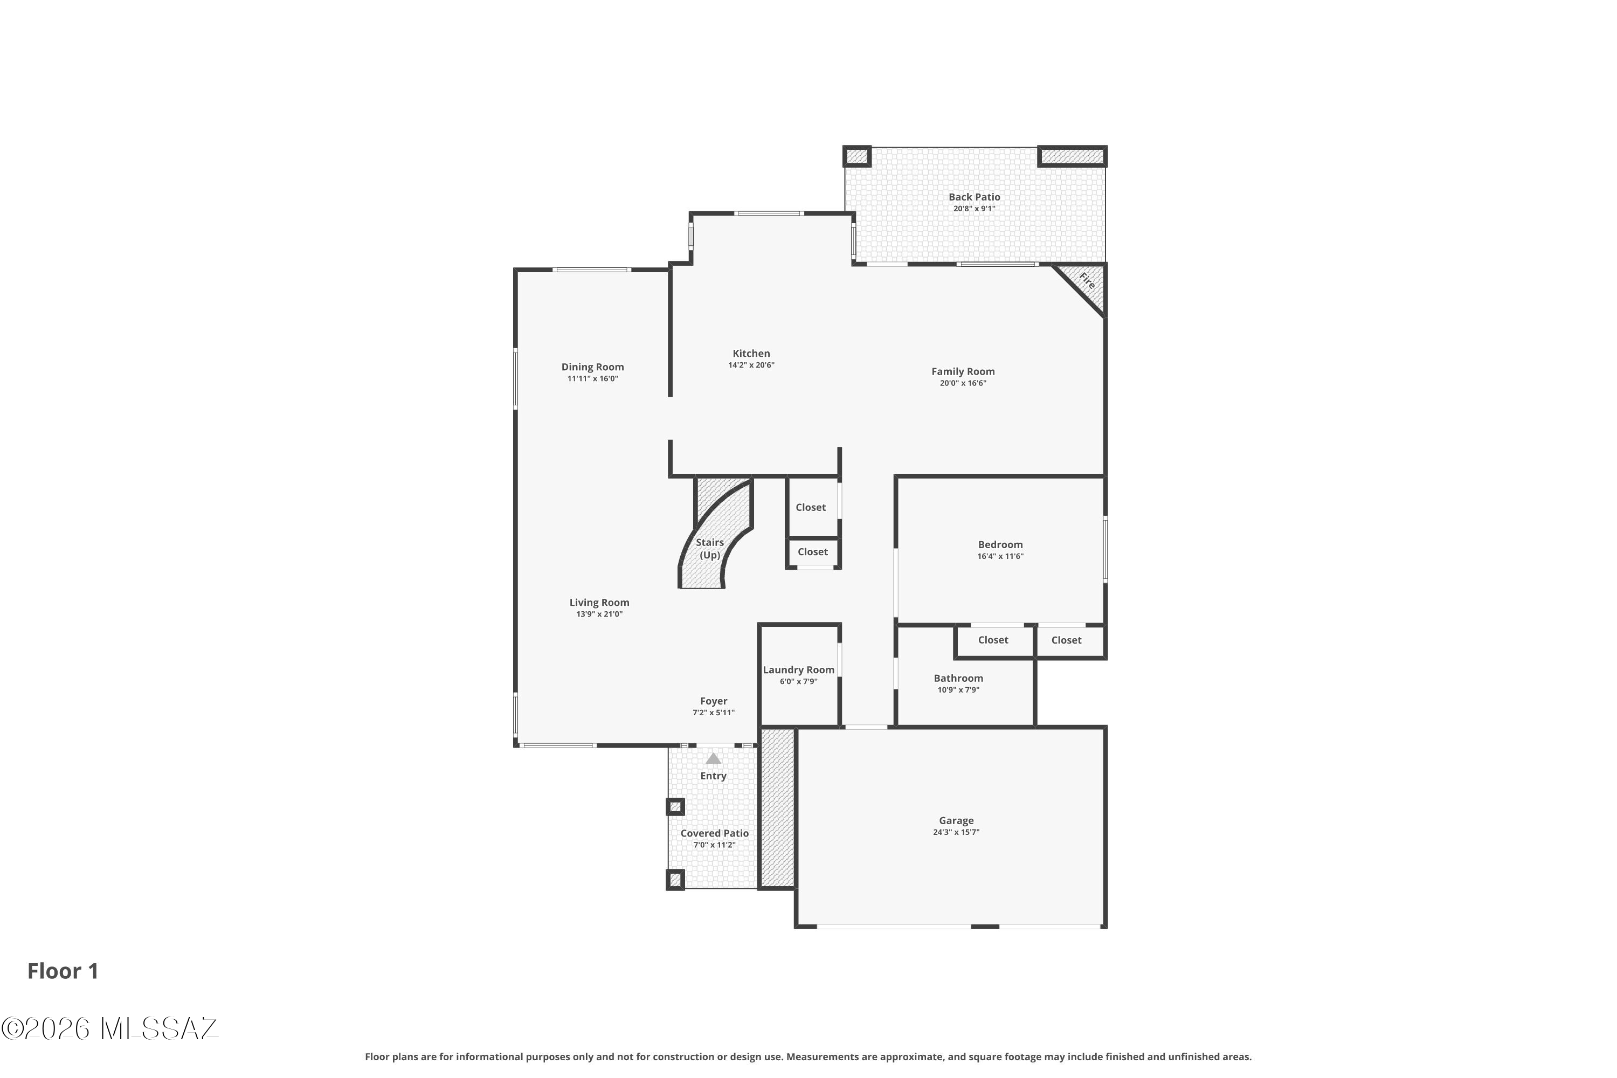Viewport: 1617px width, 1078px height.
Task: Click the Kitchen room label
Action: click(751, 354)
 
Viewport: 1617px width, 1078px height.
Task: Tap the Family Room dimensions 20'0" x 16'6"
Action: click(963, 383)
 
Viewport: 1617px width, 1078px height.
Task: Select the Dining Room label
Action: click(592, 367)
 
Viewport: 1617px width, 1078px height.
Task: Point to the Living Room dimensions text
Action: click(599, 614)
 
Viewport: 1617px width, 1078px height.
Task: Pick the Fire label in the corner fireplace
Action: click(1087, 280)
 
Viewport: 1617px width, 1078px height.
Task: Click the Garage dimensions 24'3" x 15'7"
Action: click(956, 832)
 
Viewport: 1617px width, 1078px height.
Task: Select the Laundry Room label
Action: click(798, 669)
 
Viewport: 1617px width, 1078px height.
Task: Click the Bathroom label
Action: click(958, 678)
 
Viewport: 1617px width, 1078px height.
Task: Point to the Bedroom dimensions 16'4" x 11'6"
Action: click(1000, 556)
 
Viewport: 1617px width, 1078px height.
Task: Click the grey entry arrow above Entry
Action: click(713, 758)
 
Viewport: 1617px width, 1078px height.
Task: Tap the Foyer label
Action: click(714, 701)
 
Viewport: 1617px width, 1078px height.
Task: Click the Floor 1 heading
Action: click(63, 971)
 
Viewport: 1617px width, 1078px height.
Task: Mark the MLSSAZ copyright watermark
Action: click(110, 1028)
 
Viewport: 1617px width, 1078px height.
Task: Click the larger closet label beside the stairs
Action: click(811, 507)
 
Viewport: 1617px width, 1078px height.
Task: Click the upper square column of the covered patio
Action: click(675, 806)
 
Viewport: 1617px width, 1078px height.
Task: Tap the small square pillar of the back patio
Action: click(858, 156)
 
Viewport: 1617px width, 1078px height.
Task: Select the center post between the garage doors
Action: click(985, 926)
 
